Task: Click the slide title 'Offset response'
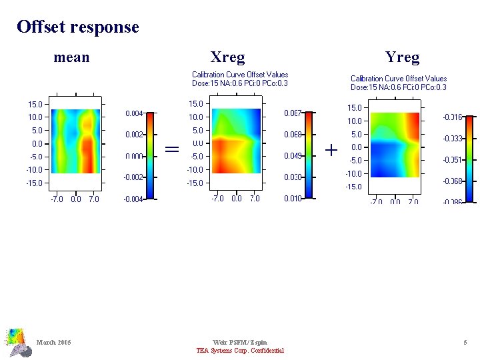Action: click(x=78, y=27)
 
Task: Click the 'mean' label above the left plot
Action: click(x=71, y=57)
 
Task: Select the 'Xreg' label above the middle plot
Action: click(x=227, y=57)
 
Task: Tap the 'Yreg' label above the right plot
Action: click(x=403, y=57)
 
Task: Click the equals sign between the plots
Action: click(x=172, y=149)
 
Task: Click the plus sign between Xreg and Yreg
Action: click(x=331, y=150)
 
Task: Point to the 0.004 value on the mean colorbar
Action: click(x=134, y=113)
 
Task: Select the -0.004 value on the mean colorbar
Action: click(x=133, y=199)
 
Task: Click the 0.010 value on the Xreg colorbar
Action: click(x=294, y=199)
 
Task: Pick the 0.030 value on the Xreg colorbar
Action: click(x=294, y=177)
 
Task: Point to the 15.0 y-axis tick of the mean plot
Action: click(x=35, y=104)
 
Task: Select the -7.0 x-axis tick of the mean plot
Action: click(x=57, y=199)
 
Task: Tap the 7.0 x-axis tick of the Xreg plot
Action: click(x=255, y=199)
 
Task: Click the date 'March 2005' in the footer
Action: click(x=54, y=343)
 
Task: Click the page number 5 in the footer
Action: click(x=465, y=343)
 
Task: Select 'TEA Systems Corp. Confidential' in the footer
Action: click(x=239, y=351)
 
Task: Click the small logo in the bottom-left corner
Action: click(x=18, y=341)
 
